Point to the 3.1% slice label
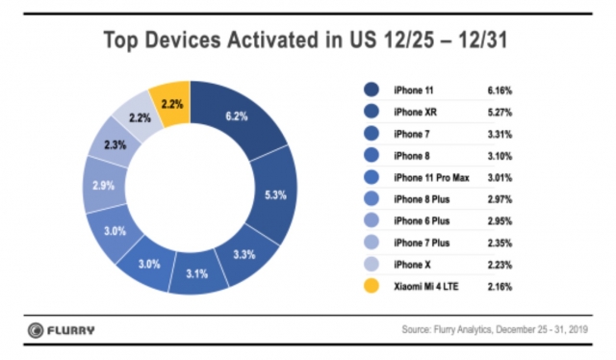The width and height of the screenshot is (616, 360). click(x=197, y=272)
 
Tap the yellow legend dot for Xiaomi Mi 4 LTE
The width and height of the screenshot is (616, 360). click(x=371, y=287)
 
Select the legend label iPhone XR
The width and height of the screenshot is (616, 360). click(x=417, y=112)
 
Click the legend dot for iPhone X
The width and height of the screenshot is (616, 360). click(x=371, y=265)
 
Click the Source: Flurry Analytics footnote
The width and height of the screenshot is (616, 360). click(x=497, y=330)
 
